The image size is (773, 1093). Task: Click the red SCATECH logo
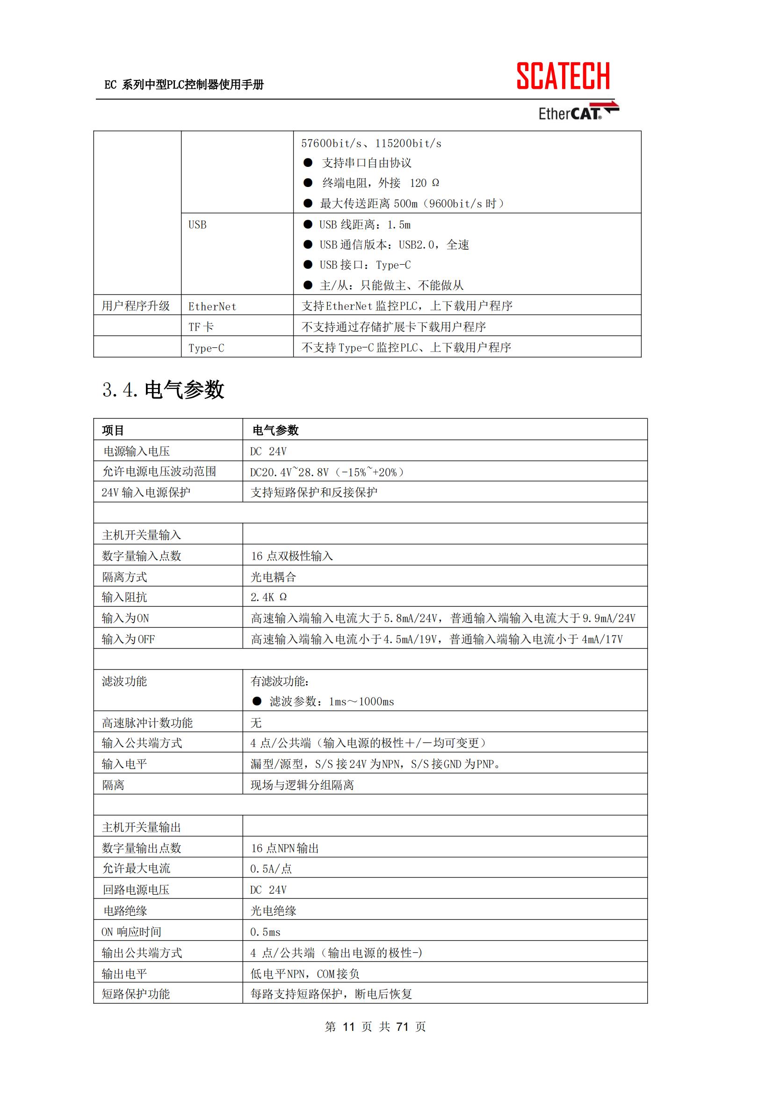click(x=563, y=76)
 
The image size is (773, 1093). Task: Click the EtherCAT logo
click(x=578, y=112)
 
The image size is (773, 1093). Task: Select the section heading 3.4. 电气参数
click(x=163, y=389)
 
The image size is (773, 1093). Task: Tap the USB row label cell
click(x=198, y=225)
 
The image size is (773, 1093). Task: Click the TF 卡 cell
click(x=201, y=327)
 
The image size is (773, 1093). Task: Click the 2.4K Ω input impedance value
click(x=268, y=597)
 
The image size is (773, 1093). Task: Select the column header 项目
click(x=113, y=431)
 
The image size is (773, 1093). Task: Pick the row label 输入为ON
click(x=125, y=618)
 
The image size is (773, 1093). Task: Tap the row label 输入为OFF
click(x=128, y=640)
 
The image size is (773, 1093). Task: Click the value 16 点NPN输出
click(x=285, y=848)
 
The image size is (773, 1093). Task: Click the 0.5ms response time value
click(x=265, y=932)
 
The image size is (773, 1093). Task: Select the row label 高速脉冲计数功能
click(x=147, y=723)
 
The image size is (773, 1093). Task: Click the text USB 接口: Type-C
click(x=365, y=265)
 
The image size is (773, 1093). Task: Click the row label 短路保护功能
click(x=136, y=994)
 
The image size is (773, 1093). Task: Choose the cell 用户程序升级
click(x=136, y=306)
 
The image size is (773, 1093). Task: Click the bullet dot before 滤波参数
click(x=257, y=701)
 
